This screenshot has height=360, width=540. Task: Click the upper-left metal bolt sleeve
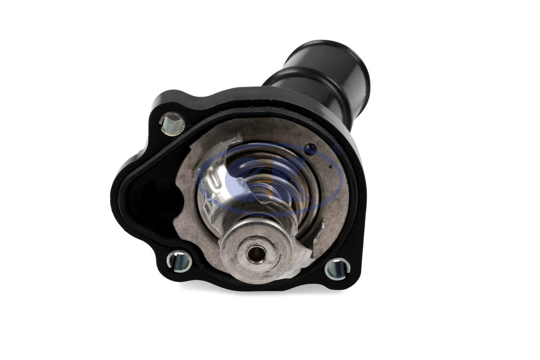tap(173, 124)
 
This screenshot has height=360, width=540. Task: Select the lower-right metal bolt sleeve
tap(337, 269)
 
